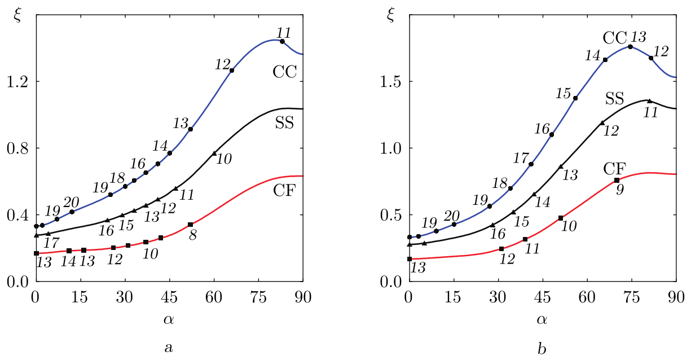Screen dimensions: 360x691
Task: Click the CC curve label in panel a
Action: [x=285, y=72]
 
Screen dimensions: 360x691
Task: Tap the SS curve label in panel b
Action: [x=615, y=98]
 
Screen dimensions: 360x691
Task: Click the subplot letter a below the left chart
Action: [x=168, y=348]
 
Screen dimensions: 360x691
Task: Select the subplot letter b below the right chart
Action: [x=542, y=348]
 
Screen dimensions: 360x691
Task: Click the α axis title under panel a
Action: [x=169, y=320]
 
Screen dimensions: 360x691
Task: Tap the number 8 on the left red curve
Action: [x=193, y=236]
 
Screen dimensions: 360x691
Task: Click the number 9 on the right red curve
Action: [x=619, y=190]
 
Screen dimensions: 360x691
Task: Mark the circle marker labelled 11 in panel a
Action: [x=282, y=41]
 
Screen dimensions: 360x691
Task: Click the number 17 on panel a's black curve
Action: [x=51, y=243]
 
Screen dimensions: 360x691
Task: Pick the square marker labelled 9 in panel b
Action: [x=617, y=180]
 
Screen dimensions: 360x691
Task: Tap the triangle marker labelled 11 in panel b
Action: [x=649, y=101]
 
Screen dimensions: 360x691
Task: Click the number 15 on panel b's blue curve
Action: [x=564, y=93]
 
